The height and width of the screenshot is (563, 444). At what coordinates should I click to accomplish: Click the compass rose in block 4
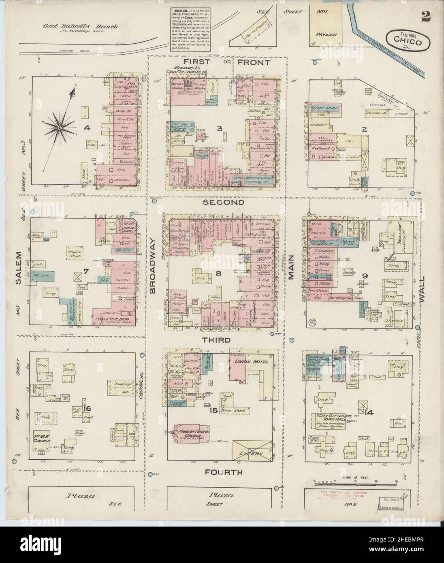point(59,128)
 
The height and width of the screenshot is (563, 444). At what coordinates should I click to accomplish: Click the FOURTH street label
point(224,472)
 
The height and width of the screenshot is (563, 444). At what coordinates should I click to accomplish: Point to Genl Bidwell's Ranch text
point(81,27)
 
